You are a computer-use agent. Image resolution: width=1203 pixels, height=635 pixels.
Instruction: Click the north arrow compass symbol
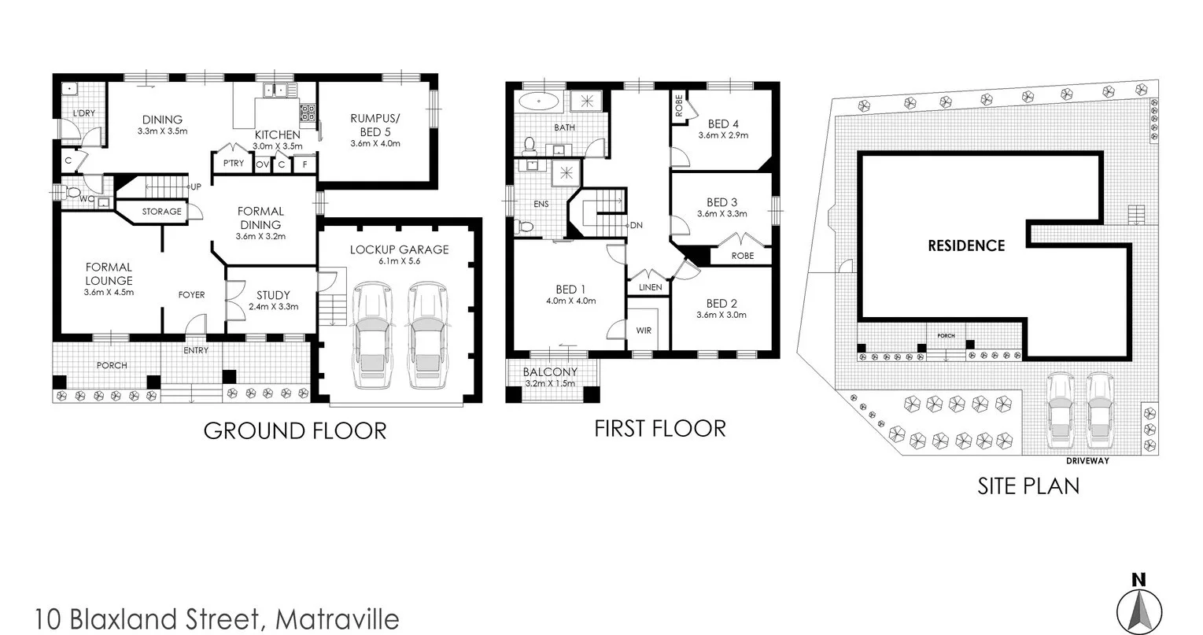click(1138, 607)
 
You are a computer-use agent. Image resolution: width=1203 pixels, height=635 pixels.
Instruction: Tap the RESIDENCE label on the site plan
click(966, 246)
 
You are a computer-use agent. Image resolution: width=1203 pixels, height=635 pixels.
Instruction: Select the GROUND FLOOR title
click(295, 430)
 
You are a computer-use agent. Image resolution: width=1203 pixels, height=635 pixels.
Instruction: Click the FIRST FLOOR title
click(659, 428)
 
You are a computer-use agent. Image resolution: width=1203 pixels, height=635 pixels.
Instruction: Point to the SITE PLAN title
click(1028, 485)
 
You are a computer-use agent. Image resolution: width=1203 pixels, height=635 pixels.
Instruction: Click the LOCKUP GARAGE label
click(399, 249)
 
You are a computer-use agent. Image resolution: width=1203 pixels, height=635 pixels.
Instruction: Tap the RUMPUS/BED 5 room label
click(375, 124)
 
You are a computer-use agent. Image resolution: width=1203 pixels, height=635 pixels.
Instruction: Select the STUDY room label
click(273, 296)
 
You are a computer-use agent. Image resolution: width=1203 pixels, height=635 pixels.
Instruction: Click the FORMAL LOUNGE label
click(109, 274)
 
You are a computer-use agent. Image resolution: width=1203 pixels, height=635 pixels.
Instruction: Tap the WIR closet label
click(644, 330)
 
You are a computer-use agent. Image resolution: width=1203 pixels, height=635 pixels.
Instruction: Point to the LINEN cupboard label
click(650, 287)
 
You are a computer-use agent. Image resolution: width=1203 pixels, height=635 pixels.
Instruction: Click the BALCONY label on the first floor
click(550, 372)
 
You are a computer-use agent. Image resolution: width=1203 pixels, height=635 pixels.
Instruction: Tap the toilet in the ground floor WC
click(73, 192)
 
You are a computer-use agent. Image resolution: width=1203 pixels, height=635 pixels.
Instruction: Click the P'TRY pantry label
click(232, 164)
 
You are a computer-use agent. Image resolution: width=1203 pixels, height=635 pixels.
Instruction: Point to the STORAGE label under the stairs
click(161, 212)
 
